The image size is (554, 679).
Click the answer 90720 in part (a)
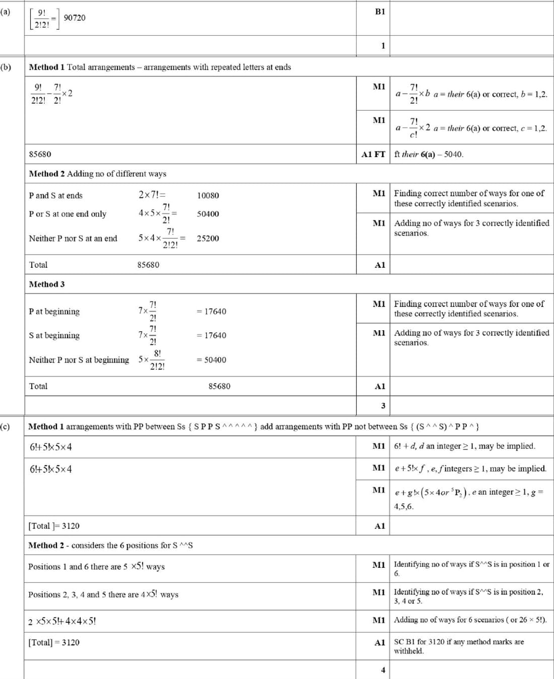[x=75, y=18]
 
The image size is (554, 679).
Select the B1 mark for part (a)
[x=380, y=12]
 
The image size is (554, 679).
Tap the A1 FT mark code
[x=373, y=154]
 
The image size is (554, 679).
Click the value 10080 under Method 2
[x=208, y=195]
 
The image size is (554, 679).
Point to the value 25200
[x=208, y=238]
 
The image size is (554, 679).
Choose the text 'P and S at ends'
[x=56, y=195]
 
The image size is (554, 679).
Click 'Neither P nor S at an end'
[x=73, y=238]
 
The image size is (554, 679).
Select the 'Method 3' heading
[x=47, y=284]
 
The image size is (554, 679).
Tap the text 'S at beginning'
[x=54, y=335]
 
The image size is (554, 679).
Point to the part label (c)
[x=5, y=426]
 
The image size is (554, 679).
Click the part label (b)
[x=6, y=67]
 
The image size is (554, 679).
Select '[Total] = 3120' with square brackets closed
[x=54, y=642]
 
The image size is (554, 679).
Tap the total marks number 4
[x=383, y=670]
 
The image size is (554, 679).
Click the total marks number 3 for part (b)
[x=383, y=405]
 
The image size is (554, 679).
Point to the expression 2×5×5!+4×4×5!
[x=62, y=621]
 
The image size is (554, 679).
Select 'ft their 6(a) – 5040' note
[x=429, y=154]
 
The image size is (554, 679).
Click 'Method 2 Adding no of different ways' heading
[x=98, y=174]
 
